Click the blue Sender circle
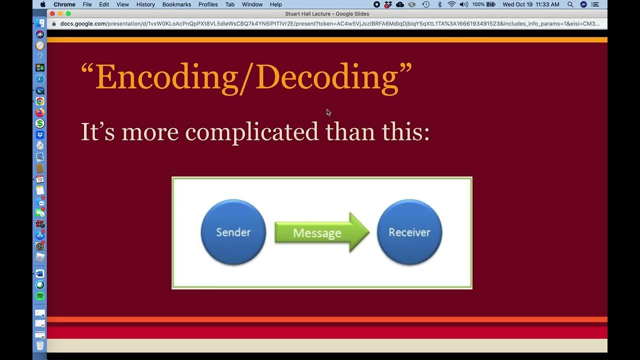click(233, 232)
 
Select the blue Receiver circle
click(409, 232)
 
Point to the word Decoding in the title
click(327, 77)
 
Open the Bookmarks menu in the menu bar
click(176, 4)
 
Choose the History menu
click(145, 4)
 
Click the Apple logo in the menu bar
click(43, 4)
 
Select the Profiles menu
click(208, 4)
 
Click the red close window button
click(52, 13)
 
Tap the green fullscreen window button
click(68, 13)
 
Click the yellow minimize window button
click(60, 13)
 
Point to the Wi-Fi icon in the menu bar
click(451, 4)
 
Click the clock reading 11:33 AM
click(531, 4)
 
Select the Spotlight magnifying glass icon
click(570, 4)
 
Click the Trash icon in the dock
click(40, 345)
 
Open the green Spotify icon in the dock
click(40, 296)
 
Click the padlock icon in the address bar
click(54, 23)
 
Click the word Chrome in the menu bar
click(64, 4)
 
